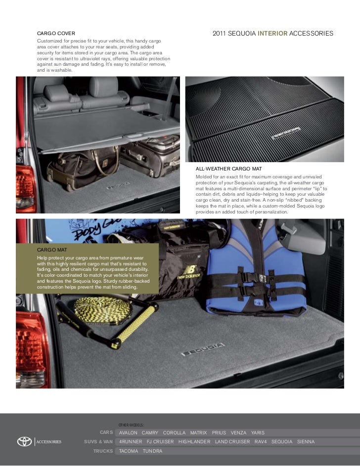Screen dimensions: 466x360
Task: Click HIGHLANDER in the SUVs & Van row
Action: click(194, 441)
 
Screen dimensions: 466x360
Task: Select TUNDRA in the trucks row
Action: click(152, 451)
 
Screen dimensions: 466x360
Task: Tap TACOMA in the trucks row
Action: click(129, 451)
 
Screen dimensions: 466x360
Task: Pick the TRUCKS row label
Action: click(103, 451)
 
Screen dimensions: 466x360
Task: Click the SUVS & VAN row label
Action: click(98, 441)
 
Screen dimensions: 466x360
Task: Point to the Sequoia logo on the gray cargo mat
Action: click(193, 353)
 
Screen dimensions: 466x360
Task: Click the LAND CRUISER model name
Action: click(232, 441)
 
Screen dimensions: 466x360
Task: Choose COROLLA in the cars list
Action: click(174, 432)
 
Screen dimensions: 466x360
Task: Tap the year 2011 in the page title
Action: click(220, 34)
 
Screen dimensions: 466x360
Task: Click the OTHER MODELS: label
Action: click(131, 424)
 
